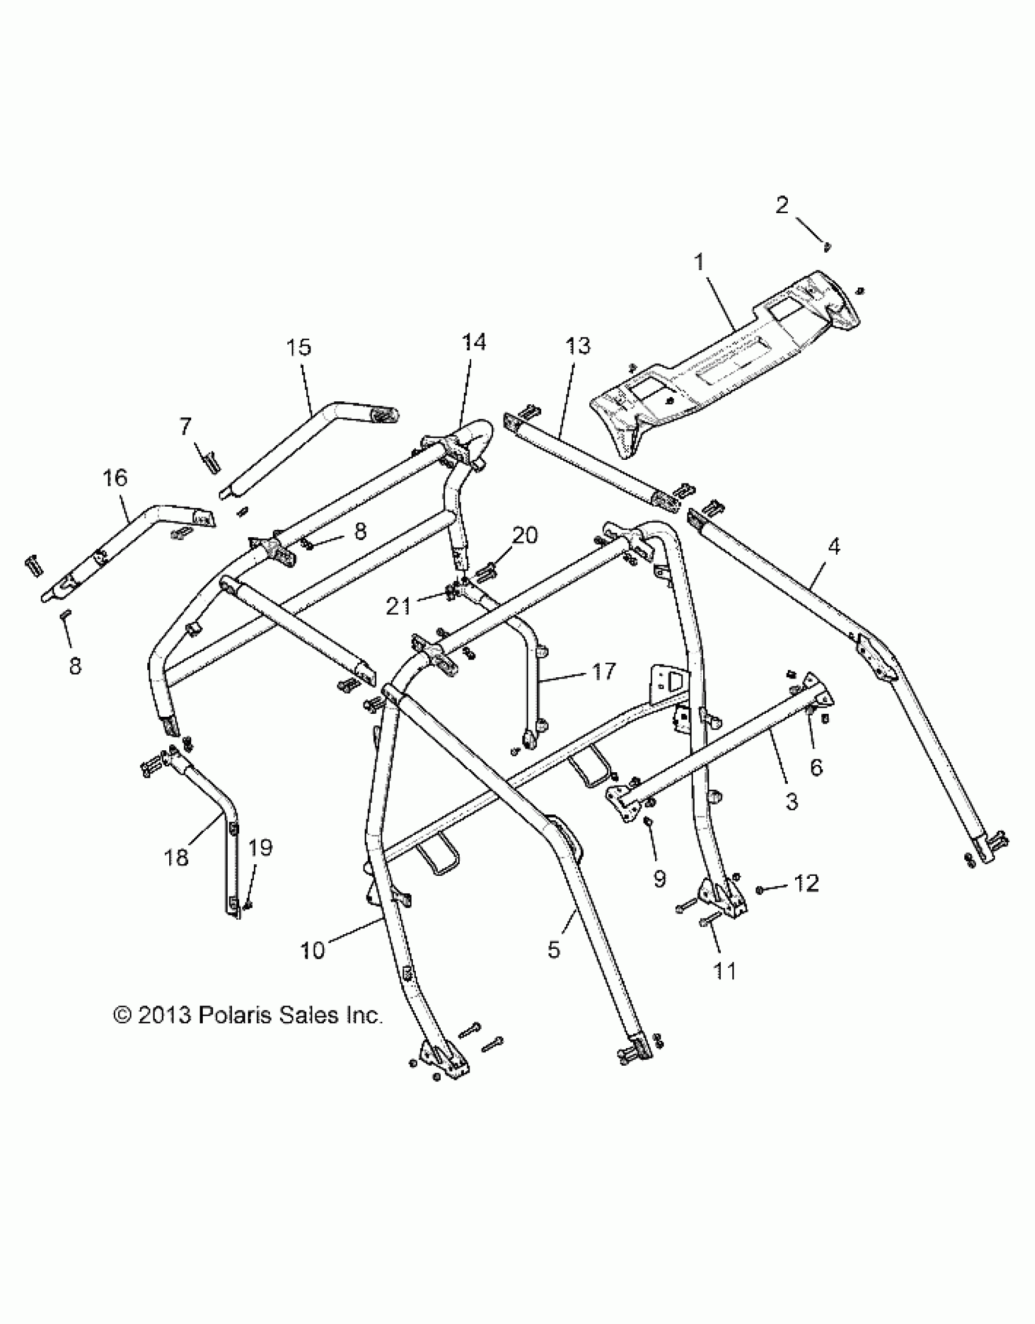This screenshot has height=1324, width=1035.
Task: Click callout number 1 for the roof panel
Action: click(x=699, y=263)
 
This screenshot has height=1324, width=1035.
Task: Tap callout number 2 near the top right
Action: click(x=782, y=206)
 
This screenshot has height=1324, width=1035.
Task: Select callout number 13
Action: click(x=577, y=346)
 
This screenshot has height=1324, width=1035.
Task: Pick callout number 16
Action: click(x=115, y=478)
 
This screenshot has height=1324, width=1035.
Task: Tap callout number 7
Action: click(x=185, y=426)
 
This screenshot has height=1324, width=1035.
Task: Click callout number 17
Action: click(x=602, y=671)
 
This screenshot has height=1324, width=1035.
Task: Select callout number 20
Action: click(x=525, y=536)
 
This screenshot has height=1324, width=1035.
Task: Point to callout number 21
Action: click(x=399, y=607)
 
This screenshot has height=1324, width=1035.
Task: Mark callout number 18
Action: click(x=177, y=857)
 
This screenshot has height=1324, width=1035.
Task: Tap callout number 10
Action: click(x=313, y=949)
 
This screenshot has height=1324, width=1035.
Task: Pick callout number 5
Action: click(x=553, y=949)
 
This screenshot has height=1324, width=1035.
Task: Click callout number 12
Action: click(x=807, y=884)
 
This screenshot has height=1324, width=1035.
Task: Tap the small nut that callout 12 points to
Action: click(x=760, y=890)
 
